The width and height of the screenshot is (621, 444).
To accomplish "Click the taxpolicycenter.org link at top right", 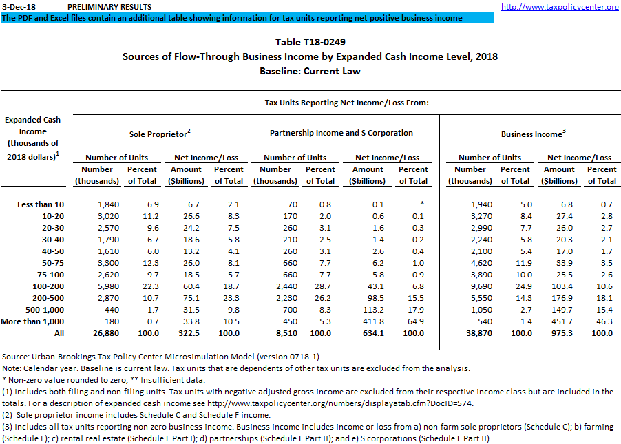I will click(560, 7).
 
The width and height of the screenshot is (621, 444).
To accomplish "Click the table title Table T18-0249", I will click(310, 43).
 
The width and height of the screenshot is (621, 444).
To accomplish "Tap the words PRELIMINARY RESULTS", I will click(110, 7).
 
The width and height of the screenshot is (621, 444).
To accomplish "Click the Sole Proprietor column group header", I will click(160, 134).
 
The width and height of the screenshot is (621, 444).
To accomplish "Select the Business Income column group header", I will click(534, 134).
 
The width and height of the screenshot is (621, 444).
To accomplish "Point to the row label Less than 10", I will click(40, 204).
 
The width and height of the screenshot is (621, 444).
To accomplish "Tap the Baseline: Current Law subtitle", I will click(310, 71).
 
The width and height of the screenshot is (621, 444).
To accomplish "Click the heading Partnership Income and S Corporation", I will click(341, 133).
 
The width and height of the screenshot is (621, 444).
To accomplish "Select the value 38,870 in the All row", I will click(471, 333).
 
